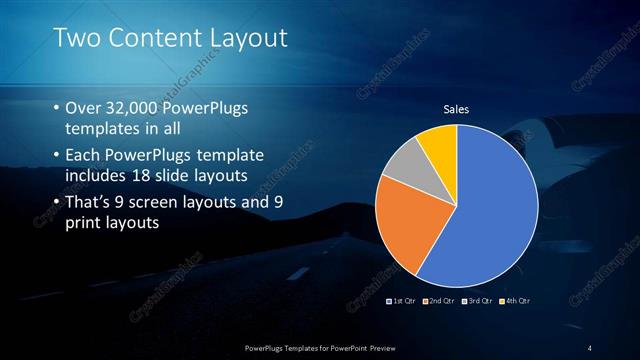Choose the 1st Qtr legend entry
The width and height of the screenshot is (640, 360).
click(x=401, y=300)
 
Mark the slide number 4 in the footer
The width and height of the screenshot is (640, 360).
click(x=590, y=347)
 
